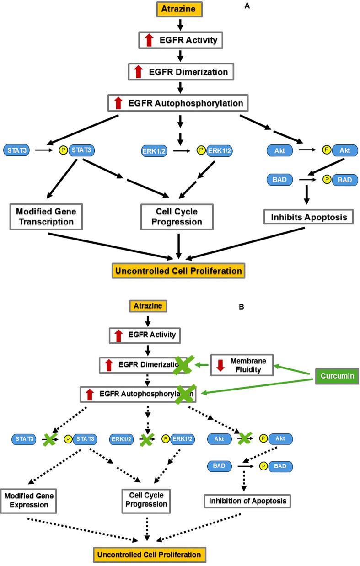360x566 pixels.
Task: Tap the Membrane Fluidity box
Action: (241, 365)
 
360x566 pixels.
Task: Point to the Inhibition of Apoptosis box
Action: (247, 501)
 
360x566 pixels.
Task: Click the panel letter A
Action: (247, 6)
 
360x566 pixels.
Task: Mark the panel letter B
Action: (242, 308)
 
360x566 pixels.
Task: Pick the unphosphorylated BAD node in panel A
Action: (279, 180)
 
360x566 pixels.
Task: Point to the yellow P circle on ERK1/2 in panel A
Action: (200, 150)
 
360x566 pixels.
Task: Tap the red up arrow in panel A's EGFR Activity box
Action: (148, 41)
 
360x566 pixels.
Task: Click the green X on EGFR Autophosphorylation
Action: (183, 394)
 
